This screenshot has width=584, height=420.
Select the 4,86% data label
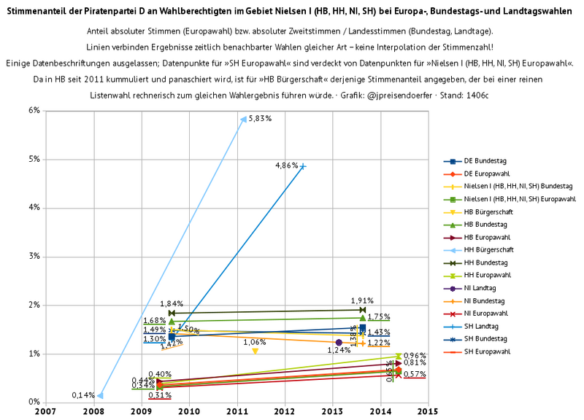pos(286,166)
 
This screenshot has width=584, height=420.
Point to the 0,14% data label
pos(83,395)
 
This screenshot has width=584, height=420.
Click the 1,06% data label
pos(255,342)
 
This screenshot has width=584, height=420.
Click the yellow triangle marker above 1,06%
pos(255,351)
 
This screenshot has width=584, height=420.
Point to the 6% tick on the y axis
pos(34,111)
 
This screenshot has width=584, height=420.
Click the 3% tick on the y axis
pos(34,257)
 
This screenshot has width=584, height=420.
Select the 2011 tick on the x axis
pos(237,411)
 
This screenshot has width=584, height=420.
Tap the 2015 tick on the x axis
pos(428,411)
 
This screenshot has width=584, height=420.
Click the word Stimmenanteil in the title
pos(35,12)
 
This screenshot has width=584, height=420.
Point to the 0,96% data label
pos(415,356)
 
